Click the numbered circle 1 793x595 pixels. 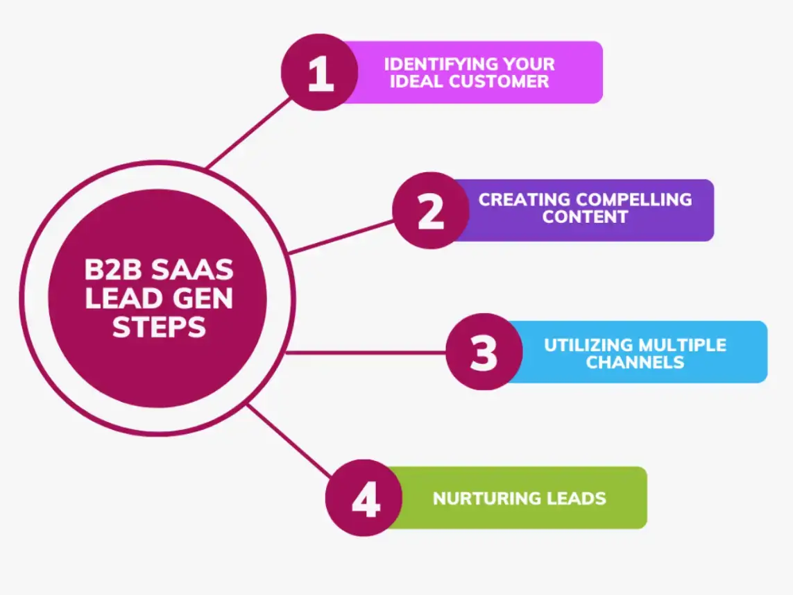(x=320, y=73)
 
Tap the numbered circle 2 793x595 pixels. (x=430, y=210)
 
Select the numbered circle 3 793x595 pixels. (x=484, y=352)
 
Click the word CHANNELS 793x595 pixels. (x=635, y=362)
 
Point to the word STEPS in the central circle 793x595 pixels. (x=159, y=327)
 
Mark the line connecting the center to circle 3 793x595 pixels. (x=364, y=353)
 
